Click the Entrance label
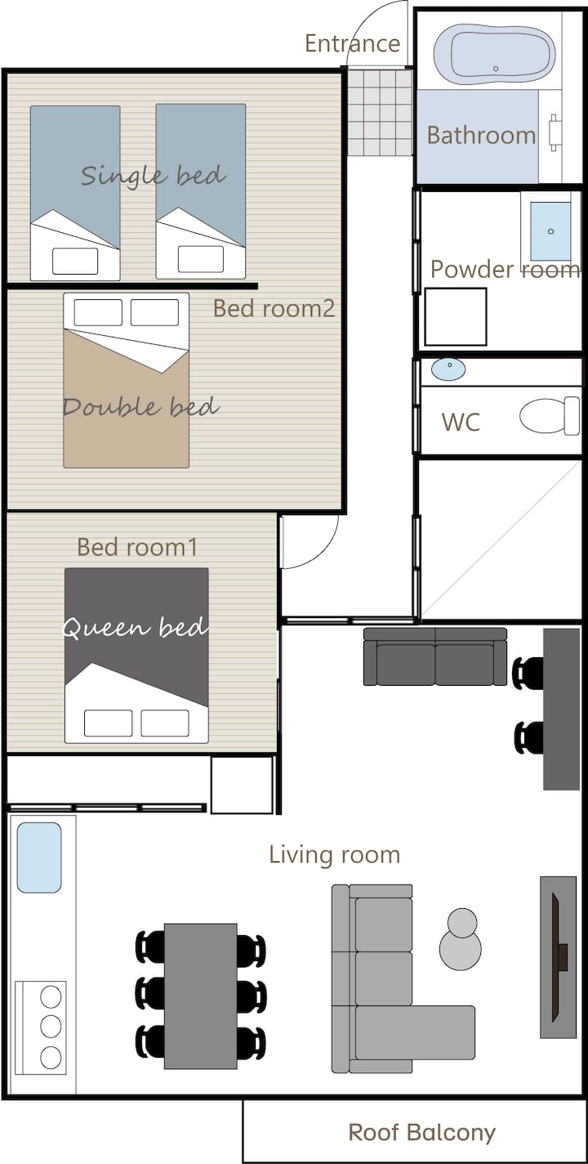pos(352,43)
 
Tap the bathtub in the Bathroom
pos(494,54)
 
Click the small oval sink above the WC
pos(448,369)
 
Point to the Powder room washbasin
pos(550,231)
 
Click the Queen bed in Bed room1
pos(136,656)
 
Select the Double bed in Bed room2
pos(126,380)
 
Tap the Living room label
pos(335,855)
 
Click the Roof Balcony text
pos(422,1133)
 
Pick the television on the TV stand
pos(559,957)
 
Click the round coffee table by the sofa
pos(461,939)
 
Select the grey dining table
pos(201,996)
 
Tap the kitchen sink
pos(39,857)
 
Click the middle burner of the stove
pos(51,1027)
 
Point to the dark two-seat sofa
pos(435,656)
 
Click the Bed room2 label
pos(274,309)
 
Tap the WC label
pos(461,422)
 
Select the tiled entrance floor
pos(381,112)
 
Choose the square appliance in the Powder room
pos(456,317)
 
